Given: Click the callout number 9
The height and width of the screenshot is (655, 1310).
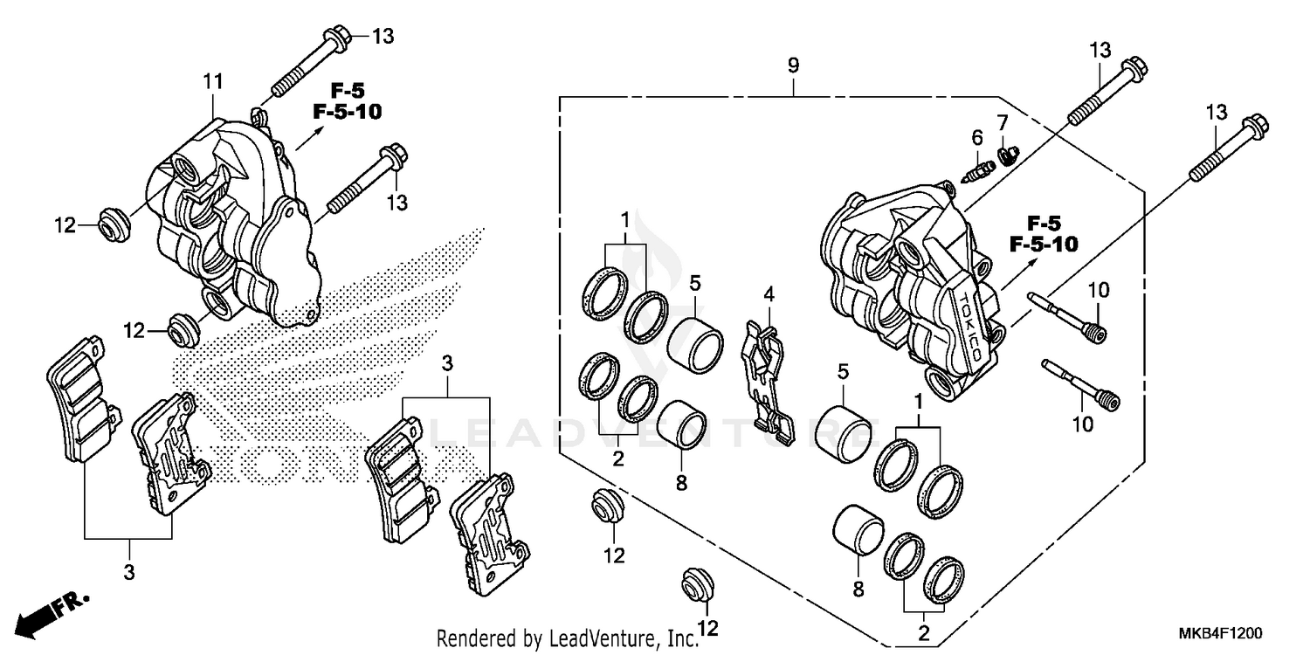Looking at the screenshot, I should [x=793, y=65].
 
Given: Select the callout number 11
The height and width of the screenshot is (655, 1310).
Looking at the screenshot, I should [x=214, y=82].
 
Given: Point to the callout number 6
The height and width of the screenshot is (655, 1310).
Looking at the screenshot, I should [x=977, y=137].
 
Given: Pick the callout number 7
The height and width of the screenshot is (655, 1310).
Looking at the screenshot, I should [x=1003, y=120].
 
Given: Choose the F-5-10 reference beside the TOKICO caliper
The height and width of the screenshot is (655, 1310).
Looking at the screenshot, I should [x=1043, y=244].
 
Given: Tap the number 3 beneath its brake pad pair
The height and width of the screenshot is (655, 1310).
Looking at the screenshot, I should [x=129, y=572].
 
